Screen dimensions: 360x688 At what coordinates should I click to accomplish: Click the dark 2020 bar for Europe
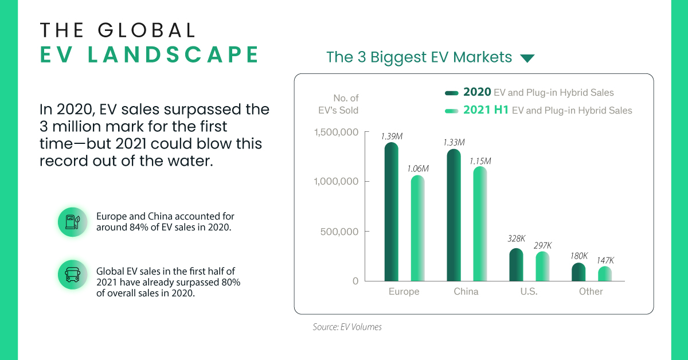point(392,212)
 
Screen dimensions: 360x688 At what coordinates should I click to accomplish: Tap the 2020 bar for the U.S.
point(516,264)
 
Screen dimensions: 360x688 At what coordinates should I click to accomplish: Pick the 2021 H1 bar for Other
point(604,273)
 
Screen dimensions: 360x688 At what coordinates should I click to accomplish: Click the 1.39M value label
point(392,136)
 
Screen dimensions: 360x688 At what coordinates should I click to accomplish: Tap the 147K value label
point(604,260)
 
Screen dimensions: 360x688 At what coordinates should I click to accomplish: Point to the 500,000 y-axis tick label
point(343,232)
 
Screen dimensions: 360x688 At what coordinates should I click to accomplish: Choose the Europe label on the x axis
point(404,292)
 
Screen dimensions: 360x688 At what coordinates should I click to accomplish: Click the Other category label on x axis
point(591,292)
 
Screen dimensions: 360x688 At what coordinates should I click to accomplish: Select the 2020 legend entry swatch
point(452,93)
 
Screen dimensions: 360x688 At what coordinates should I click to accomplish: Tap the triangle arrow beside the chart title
point(526,58)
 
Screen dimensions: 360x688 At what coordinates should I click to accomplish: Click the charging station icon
point(72,222)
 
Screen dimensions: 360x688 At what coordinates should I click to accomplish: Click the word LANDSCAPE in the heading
point(149,54)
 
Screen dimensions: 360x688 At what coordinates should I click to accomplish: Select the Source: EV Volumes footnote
point(347,327)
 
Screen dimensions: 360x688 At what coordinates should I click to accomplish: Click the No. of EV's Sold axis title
point(346,104)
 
